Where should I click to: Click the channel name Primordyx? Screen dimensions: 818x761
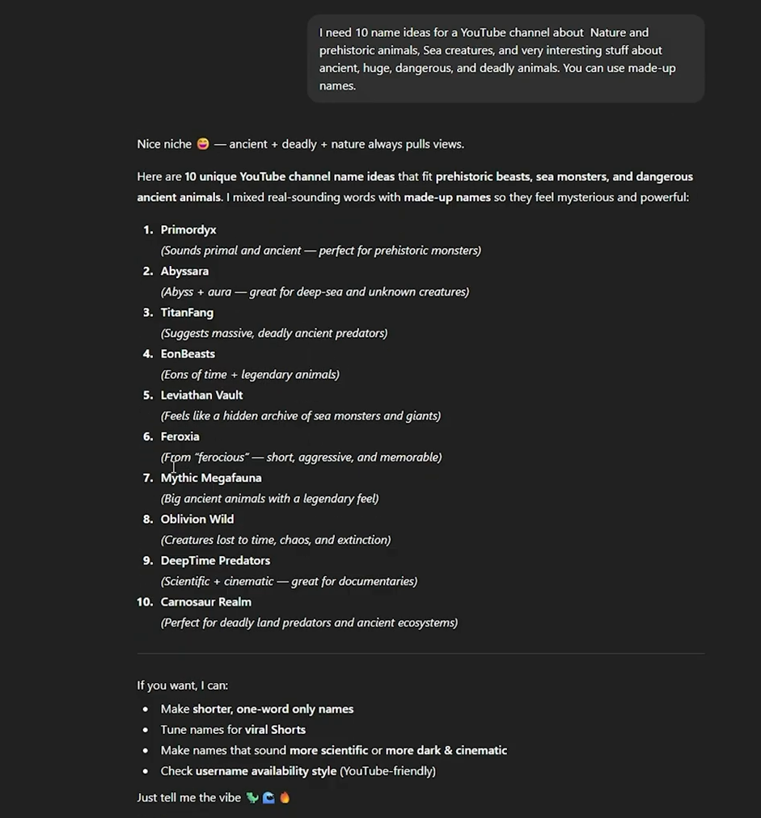pyautogui.click(x=188, y=230)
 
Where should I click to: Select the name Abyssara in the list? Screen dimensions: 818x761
pyautogui.click(x=184, y=272)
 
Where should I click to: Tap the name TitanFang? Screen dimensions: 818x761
pyautogui.click(x=187, y=313)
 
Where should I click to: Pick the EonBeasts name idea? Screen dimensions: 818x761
pyautogui.click(x=188, y=354)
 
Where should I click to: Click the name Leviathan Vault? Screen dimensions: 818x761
pyautogui.click(x=201, y=395)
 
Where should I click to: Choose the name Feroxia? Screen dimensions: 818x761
pyautogui.click(x=180, y=436)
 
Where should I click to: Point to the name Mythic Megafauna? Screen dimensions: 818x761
pyautogui.click(x=211, y=478)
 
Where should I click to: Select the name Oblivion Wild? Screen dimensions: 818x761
pyautogui.click(x=197, y=519)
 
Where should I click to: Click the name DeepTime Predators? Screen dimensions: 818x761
pyautogui.click(x=215, y=560)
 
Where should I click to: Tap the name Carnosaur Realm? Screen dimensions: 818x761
pyautogui.click(x=205, y=601)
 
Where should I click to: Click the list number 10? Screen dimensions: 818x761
pyautogui.click(x=145, y=601)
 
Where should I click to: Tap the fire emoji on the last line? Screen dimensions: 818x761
pyautogui.click(x=285, y=798)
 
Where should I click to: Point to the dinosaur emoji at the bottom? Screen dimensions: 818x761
pyautogui.click(x=252, y=798)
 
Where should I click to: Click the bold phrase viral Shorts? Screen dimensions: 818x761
pyautogui.click(x=275, y=729)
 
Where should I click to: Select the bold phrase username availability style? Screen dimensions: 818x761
pyautogui.click(x=265, y=771)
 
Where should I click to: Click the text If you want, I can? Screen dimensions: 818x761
pyautogui.click(x=182, y=685)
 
